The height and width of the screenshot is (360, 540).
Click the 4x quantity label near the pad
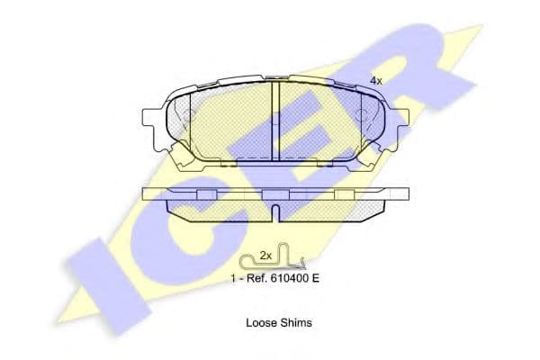[x=375, y=81]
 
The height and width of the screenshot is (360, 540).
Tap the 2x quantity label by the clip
[x=265, y=256]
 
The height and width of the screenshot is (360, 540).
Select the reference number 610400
[x=289, y=278]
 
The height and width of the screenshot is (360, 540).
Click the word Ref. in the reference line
[x=256, y=278]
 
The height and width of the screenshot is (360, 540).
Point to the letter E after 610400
[x=316, y=278]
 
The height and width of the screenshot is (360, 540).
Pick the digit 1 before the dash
[x=233, y=278]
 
